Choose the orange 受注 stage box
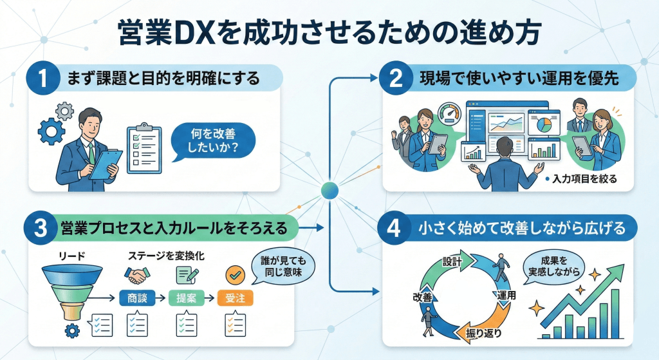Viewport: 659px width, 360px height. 235,298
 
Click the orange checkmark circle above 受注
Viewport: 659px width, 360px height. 235,274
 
